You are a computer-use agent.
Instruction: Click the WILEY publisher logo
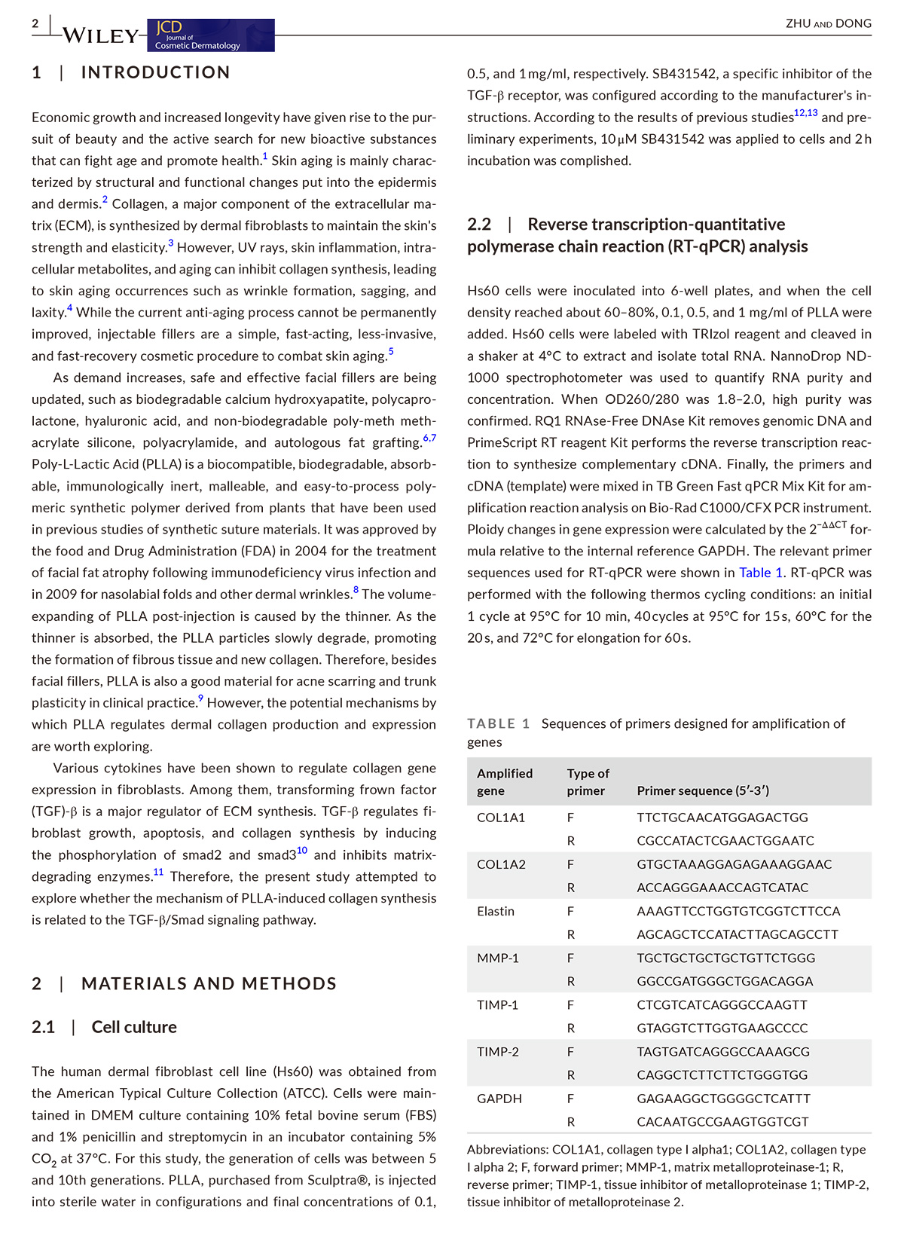(101, 35)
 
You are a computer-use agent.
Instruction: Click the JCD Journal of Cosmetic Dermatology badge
(211, 35)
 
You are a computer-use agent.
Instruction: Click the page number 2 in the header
(35, 23)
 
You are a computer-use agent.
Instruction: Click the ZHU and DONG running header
(828, 23)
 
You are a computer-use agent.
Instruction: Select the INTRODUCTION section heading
(155, 72)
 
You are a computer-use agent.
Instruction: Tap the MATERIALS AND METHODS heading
(209, 983)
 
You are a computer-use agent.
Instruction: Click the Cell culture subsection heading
(134, 1027)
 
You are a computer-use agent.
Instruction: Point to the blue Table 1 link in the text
(760, 573)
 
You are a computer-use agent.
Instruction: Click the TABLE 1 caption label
(498, 723)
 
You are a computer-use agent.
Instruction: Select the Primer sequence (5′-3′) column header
(702, 790)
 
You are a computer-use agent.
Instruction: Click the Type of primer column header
(588, 781)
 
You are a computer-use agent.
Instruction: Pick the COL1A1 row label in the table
(501, 818)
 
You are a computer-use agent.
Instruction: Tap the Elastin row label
(496, 911)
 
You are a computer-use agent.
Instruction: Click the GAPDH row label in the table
(499, 1099)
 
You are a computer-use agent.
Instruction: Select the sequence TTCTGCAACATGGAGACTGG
(722, 818)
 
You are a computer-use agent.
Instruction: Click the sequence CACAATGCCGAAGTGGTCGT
(722, 1122)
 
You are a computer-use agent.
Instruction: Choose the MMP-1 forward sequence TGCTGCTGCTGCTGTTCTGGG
(725, 958)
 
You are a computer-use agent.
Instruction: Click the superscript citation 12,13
(805, 113)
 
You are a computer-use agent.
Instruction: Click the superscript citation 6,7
(429, 438)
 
